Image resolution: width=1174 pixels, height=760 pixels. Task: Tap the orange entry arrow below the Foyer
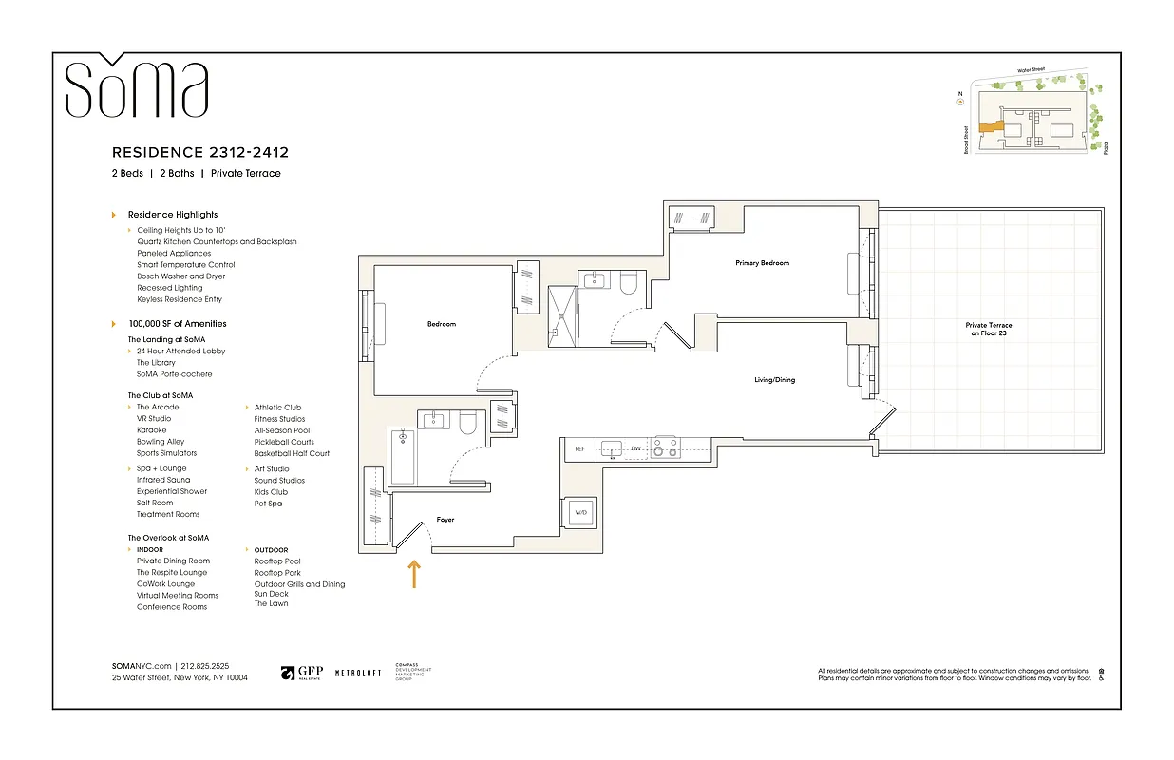pyautogui.click(x=414, y=574)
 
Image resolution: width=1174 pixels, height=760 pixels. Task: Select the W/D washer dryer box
pyautogui.click(x=579, y=513)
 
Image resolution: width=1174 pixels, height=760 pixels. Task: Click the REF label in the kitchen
pyautogui.click(x=578, y=449)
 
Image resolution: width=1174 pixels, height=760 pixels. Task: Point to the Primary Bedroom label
pyautogui.click(x=762, y=263)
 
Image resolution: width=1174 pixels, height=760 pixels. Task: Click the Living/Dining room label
pyautogui.click(x=774, y=380)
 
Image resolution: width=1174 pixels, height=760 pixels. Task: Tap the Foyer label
pyautogui.click(x=445, y=520)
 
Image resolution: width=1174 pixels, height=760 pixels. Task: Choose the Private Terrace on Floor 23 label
pyautogui.click(x=988, y=330)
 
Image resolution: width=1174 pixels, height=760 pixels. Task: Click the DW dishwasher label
pyautogui.click(x=636, y=449)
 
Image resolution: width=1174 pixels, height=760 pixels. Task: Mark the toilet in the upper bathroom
pyautogui.click(x=628, y=284)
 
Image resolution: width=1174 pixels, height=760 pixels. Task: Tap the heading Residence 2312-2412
pyautogui.click(x=199, y=152)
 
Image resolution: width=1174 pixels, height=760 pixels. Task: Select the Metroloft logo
pyautogui.click(x=357, y=673)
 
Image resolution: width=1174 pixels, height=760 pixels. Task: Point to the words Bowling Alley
pyautogui.click(x=161, y=442)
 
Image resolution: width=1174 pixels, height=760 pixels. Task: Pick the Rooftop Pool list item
pyautogui.click(x=277, y=561)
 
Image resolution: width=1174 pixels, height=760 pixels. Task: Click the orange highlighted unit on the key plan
pyautogui.click(x=993, y=126)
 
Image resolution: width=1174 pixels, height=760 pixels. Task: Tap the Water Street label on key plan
pyautogui.click(x=1032, y=69)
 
